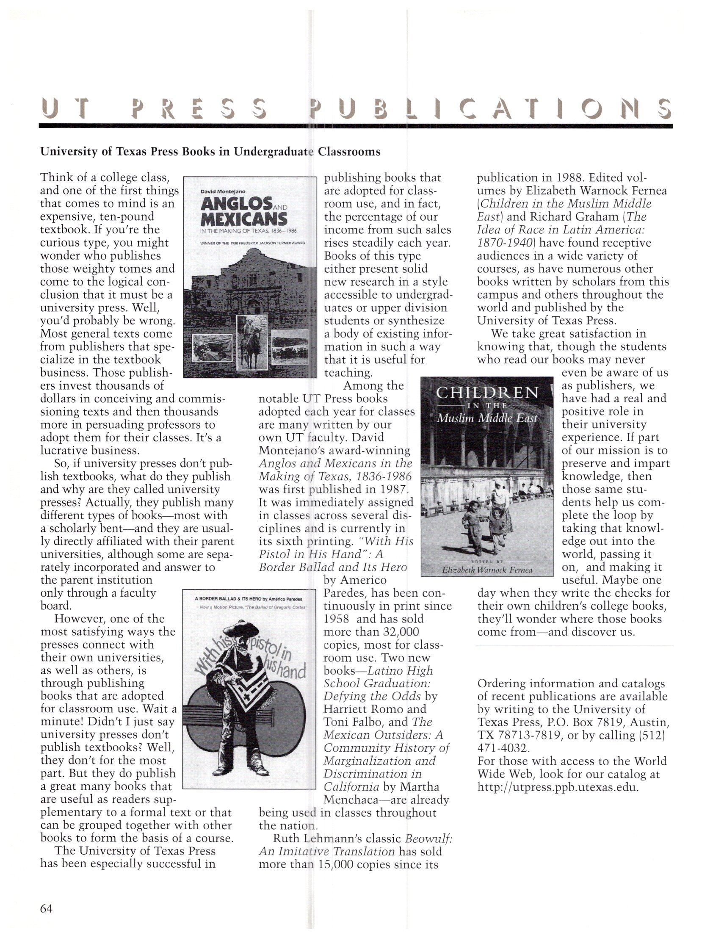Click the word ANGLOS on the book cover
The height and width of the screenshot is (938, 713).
click(x=236, y=205)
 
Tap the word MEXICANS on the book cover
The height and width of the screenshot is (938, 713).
click(x=243, y=220)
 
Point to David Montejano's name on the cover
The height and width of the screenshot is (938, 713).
click(x=223, y=192)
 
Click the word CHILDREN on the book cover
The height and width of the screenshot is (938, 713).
click(x=487, y=393)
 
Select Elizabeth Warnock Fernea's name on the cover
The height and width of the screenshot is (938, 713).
click(x=487, y=570)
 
